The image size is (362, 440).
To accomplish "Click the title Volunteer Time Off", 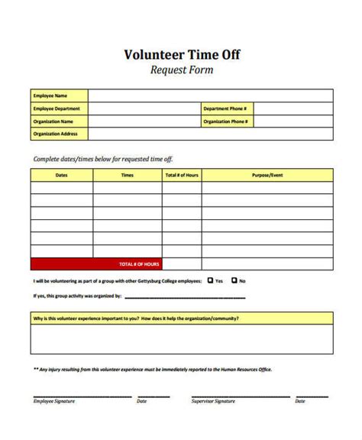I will [x=180, y=55].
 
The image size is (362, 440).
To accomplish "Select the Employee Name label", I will [x=50, y=95].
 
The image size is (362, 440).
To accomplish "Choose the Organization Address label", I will [x=56, y=134].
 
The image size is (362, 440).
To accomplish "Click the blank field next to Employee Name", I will [x=210, y=95].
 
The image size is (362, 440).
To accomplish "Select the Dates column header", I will [x=61, y=175].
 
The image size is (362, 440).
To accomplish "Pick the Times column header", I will [x=127, y=175].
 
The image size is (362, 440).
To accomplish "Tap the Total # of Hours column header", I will [x=181, y=175].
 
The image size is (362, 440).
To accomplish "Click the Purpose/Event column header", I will [x=267, y=175].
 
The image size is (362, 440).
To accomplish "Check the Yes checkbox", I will [x=210, y=280].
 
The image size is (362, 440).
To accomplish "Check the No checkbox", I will [x=234, y=280].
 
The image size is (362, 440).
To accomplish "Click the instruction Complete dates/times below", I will [x=103, y=159].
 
